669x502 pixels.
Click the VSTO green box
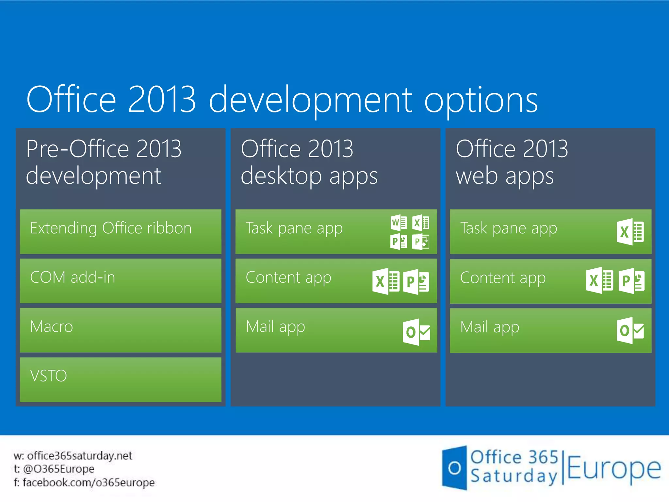click(x=120, y=379)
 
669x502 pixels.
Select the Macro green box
click(x=120, y=330)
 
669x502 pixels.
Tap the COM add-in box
click(x=120, y=281)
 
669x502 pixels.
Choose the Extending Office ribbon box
click(x=120, y=231)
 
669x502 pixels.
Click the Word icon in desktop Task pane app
click(x=399, y=223)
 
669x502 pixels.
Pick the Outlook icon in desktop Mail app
click(x=416, y=332)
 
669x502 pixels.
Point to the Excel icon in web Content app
click(x=599, y=280)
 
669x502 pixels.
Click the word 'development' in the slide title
click(x=310, y=100)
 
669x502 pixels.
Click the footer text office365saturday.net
click(x=79, y=456)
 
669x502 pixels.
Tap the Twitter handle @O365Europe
click(x=59, y=469)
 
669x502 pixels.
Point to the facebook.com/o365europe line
click(x=89, y=482)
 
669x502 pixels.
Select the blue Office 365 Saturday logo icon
click(x=454, y=468)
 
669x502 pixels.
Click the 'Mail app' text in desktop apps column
click(x=275, y=327)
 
